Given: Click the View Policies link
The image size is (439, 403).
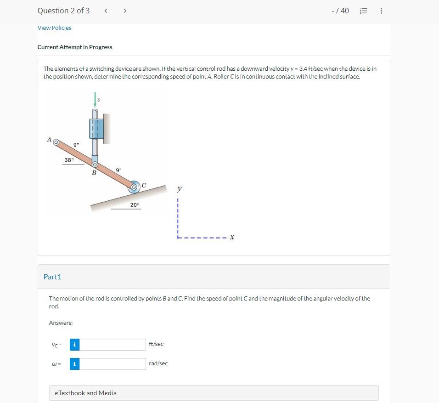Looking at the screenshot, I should [x=54, y=28].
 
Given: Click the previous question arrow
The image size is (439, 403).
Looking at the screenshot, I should [x=106, y=11].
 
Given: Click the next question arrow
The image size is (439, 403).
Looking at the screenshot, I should [x=125, y=11].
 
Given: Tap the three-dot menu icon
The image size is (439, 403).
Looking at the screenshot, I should [x=381, y=11].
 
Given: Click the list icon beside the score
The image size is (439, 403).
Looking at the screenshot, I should [x=363, y=11].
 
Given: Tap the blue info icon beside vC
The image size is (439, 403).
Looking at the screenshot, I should [x=74, y=345].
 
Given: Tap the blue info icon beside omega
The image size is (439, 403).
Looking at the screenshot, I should [x=74, y=364].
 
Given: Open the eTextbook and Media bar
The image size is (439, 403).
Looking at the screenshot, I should [x=214, y=393].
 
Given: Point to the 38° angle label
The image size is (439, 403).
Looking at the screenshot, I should [x=68, y=160].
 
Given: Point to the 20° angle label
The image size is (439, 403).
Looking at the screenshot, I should [x=135, y=205].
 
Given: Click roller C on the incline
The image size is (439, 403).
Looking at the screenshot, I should [x=134, y=187].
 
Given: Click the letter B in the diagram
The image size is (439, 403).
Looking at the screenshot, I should [x=94, y=173].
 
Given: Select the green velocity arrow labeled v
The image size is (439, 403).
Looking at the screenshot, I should [x=95, y=101].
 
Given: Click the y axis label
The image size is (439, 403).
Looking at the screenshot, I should [x=179, y=189].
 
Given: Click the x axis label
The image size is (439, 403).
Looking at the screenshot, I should [x=232, y=238].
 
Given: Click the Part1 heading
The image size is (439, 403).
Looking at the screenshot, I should [x=52, y=277].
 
